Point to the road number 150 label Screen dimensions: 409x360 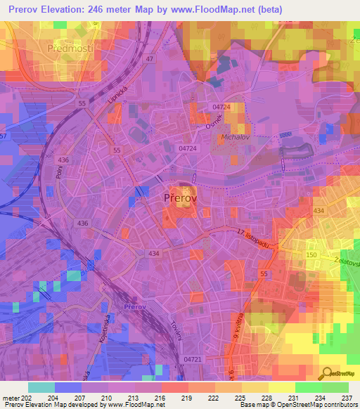(311, 252)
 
